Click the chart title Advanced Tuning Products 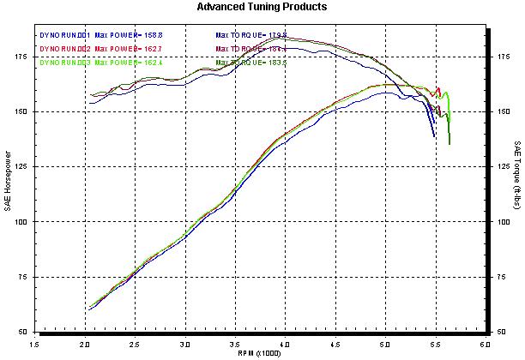[262, 7]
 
